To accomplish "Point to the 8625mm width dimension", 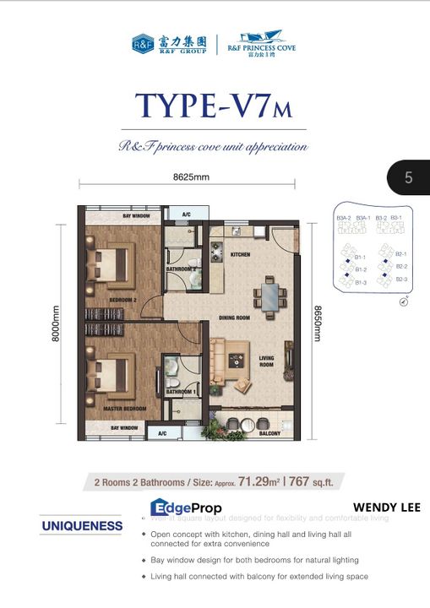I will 190,177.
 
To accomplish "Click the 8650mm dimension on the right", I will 319,323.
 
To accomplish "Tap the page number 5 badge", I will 408,177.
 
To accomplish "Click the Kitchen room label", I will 242,253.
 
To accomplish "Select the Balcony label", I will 269,432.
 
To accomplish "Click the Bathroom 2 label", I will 182,269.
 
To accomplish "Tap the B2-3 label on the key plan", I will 401,279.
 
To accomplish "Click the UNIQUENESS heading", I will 82,526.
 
